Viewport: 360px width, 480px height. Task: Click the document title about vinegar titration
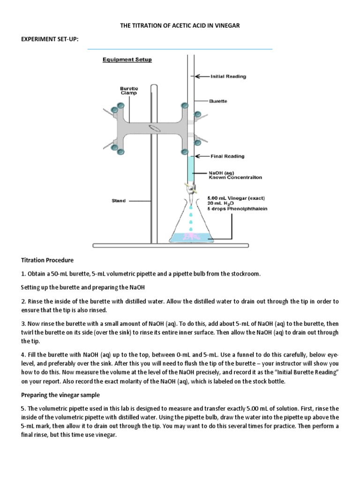180,26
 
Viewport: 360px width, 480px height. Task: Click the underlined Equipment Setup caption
127,60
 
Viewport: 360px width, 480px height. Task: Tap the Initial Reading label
228,76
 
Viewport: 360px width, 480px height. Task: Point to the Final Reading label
227,156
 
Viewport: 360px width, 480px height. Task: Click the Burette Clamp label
129,90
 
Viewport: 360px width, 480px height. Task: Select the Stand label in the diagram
119,201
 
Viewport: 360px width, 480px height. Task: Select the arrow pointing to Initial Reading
202,76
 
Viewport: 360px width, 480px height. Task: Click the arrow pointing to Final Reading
202,156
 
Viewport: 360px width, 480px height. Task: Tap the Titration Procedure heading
47,260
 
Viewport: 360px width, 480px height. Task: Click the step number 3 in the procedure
23,324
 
